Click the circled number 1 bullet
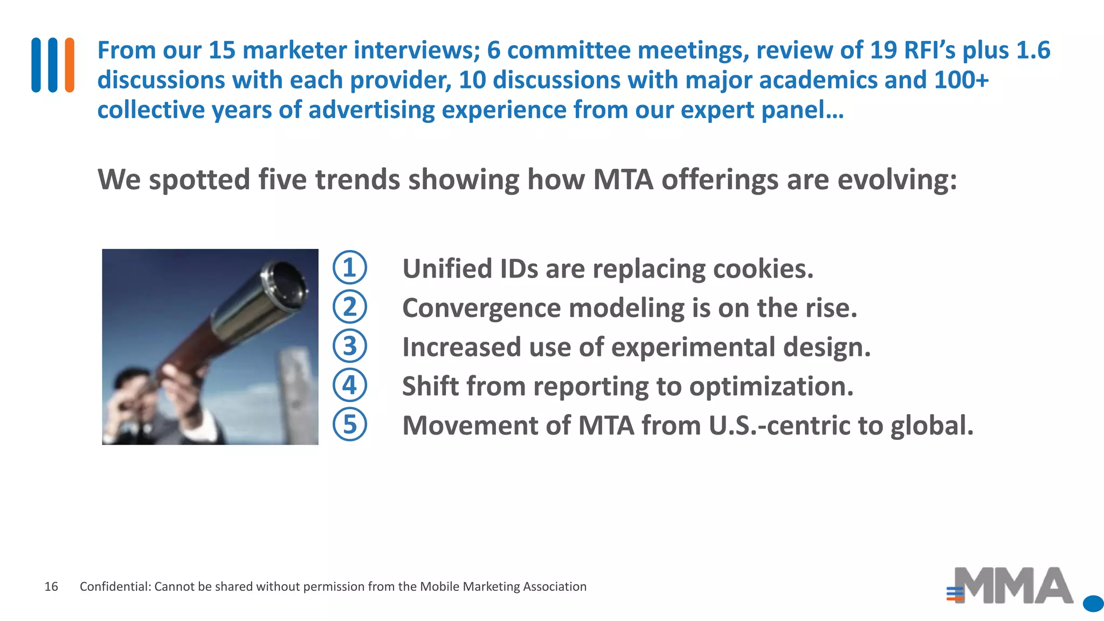pos(349,268)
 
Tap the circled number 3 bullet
pos(349,346)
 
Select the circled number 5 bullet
pos(349,424)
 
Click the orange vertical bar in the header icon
pos(70,65)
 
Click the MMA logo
pos(1011,586)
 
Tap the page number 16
pos(51,586)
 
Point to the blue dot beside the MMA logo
pos(1093,604)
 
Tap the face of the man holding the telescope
pos(135,399)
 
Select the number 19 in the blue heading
pos(883,50)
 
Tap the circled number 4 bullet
pos(349,385)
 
